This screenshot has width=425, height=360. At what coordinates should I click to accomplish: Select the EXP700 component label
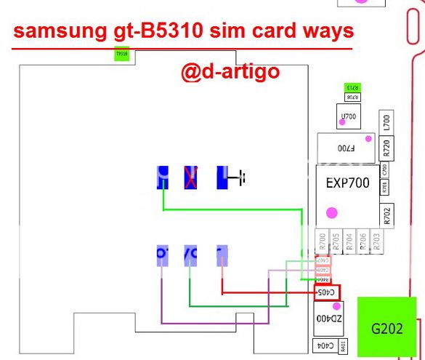[x=344, y=183]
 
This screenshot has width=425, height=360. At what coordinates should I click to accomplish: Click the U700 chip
[x=349, y=116]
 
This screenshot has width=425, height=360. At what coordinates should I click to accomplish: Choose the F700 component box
[x=346, y=148]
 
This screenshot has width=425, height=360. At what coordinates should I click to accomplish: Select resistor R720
[x=386, y=148]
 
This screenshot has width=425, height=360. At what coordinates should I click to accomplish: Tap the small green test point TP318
[x=121, y=54]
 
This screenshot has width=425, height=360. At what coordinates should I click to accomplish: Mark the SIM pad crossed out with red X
[x=191, y=177]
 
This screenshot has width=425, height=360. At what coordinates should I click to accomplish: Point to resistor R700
[x=322, y=241]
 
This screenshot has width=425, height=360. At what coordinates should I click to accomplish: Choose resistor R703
[x=376, y=241]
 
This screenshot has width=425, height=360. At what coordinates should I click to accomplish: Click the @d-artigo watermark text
[x=230, y=73]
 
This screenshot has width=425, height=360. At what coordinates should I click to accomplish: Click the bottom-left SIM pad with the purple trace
[x=162, y=254]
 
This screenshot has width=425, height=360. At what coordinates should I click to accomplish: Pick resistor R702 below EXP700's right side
[x=386, y=215]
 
